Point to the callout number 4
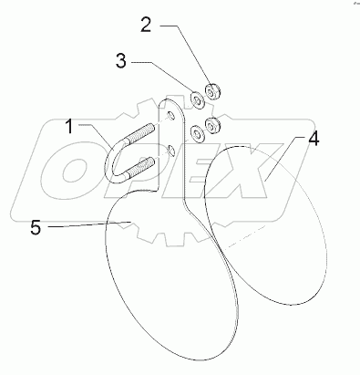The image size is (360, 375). [313, 141]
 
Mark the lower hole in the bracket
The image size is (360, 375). [170, 148]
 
